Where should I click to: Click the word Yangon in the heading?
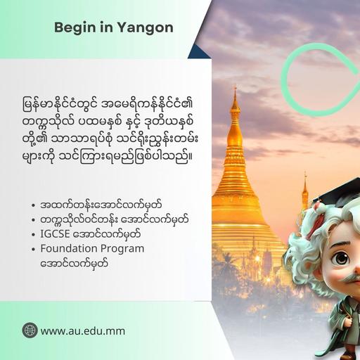click(145, 28)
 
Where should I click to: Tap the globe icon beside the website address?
click(30, 330)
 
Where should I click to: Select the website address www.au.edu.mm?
click(83, 331)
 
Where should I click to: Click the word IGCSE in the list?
click(55, 234)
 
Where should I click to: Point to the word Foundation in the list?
click(69, 249)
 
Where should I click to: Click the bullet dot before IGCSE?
click(33, 235)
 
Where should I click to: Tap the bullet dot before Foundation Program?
click(33, 249)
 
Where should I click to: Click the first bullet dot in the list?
click(33, 205)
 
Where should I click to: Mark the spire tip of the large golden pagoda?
click(236, 86)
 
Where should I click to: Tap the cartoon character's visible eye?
click(342, 259)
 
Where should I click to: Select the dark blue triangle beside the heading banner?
click(198, 53)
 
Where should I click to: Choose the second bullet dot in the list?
click(33, 220)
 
